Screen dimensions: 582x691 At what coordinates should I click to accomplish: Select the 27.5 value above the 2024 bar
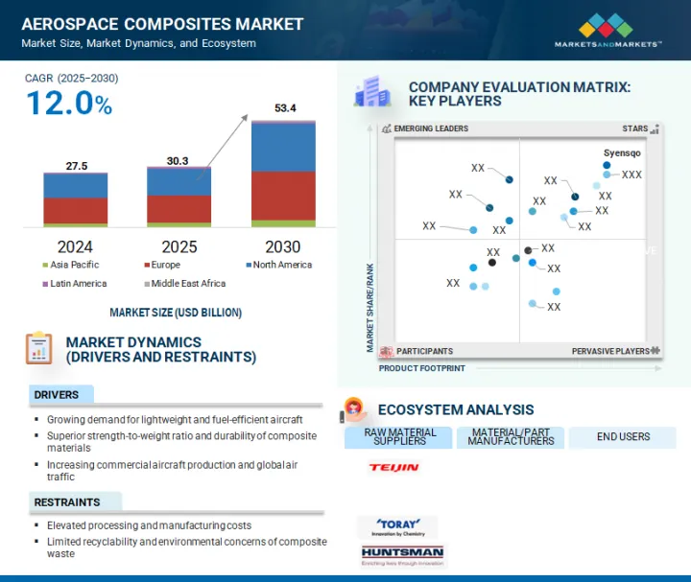pyautogui.click(x=77, y=166)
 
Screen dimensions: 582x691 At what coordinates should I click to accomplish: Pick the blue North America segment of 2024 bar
pyautogui.click(x=76, y=185)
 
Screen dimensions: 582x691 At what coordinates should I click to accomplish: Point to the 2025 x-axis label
pyautogui.click(x=179, y=246)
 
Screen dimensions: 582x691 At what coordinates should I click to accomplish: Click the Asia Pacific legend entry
pyautogui.click(x=71, y=265)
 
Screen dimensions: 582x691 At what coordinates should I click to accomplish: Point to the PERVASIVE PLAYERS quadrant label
pyautogui.click(x=610, y=352)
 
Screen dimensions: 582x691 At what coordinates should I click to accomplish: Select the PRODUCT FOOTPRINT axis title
pyautogui.click(x=421, y=368)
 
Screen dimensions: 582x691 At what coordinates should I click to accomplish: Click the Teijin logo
pyautogui.click(x=393, y=467)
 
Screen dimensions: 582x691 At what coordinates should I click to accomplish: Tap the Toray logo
pyautogui.click(x=396, y=526)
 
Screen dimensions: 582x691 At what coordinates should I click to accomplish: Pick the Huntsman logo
pyautogui.click(x=402, y=554)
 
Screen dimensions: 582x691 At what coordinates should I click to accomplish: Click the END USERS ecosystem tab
pyautogui.click(x=623, y=437)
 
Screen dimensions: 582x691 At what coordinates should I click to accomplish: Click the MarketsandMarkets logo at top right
pyautogui.click(x=608, y=30)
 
